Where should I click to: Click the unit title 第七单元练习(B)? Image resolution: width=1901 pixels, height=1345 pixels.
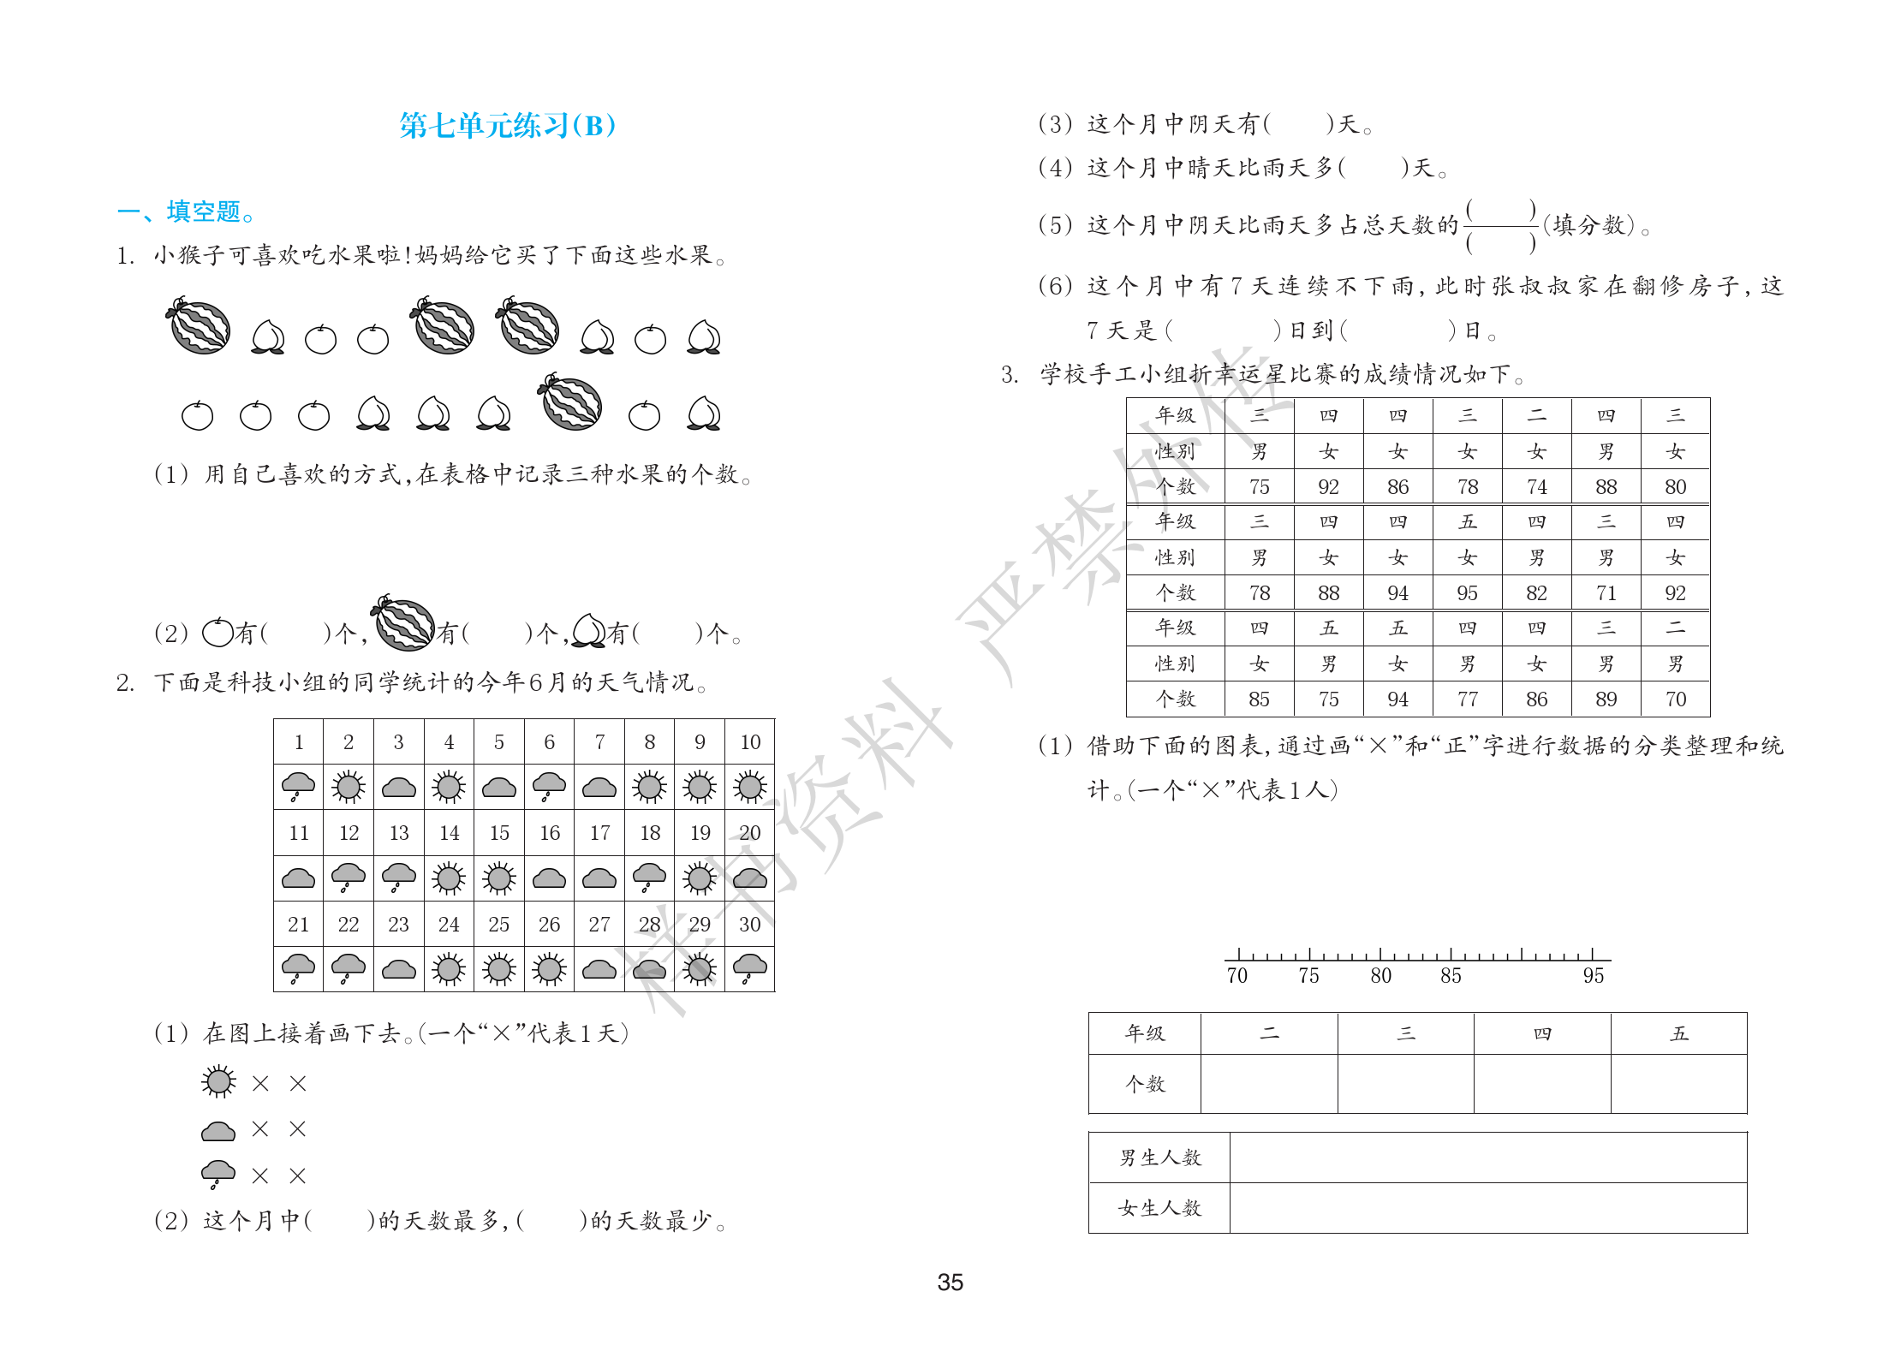(507, 126)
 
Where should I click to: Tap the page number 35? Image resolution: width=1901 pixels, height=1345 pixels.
(950, 1282)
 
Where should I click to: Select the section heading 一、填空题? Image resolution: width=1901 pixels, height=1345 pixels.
(185, 211)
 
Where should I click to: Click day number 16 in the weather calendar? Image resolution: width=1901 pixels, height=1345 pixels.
(549, 833)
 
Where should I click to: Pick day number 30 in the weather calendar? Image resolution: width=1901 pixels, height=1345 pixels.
(749, 925)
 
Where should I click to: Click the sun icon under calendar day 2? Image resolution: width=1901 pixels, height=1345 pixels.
(349, 786)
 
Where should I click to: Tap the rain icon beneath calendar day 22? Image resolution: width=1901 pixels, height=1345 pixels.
(349, 968)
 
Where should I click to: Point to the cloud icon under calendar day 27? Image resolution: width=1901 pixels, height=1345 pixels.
(599, 969)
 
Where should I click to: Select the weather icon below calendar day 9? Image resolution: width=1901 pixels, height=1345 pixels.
(700, 786)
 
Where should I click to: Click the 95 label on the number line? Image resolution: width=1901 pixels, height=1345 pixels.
(1593, 976)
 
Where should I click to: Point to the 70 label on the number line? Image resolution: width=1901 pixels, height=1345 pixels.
(1237, 976)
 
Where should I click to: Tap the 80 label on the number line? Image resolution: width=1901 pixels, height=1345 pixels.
(1380, 976)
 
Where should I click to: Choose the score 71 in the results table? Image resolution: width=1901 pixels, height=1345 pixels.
(1606, 593)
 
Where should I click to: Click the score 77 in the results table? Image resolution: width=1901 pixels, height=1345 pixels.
(1467, 699)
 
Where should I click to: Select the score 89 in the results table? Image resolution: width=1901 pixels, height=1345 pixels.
(1606, 699)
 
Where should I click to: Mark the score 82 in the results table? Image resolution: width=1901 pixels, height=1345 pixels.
(1536, 593)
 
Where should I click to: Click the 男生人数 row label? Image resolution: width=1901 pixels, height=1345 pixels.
(1159, 1158)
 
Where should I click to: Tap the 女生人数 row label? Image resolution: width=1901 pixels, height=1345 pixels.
(1159, 1208)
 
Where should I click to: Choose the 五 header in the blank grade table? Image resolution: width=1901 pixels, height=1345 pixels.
(1678, 1033)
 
